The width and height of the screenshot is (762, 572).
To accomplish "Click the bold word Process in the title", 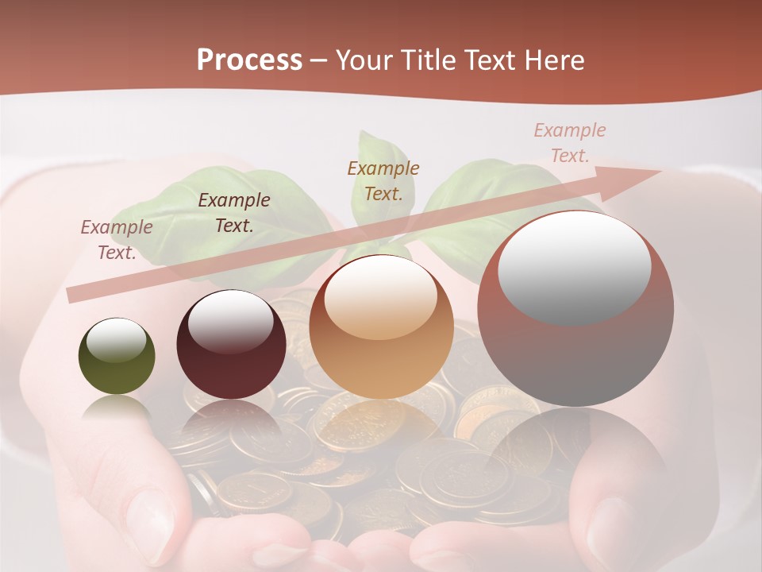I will (x=249, y=60).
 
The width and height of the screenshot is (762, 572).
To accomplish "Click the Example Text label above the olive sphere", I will (x=117, y=240).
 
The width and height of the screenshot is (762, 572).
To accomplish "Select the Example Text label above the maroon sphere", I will (x=234, y=213).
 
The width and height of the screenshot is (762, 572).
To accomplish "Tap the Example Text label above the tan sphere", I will (x=383, y=181).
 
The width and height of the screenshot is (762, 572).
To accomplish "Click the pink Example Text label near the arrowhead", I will (x=570, y=143).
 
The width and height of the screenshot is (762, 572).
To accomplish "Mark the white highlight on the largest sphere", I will (x=574, y=266).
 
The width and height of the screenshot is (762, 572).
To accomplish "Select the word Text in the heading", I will (x=490, y=60).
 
